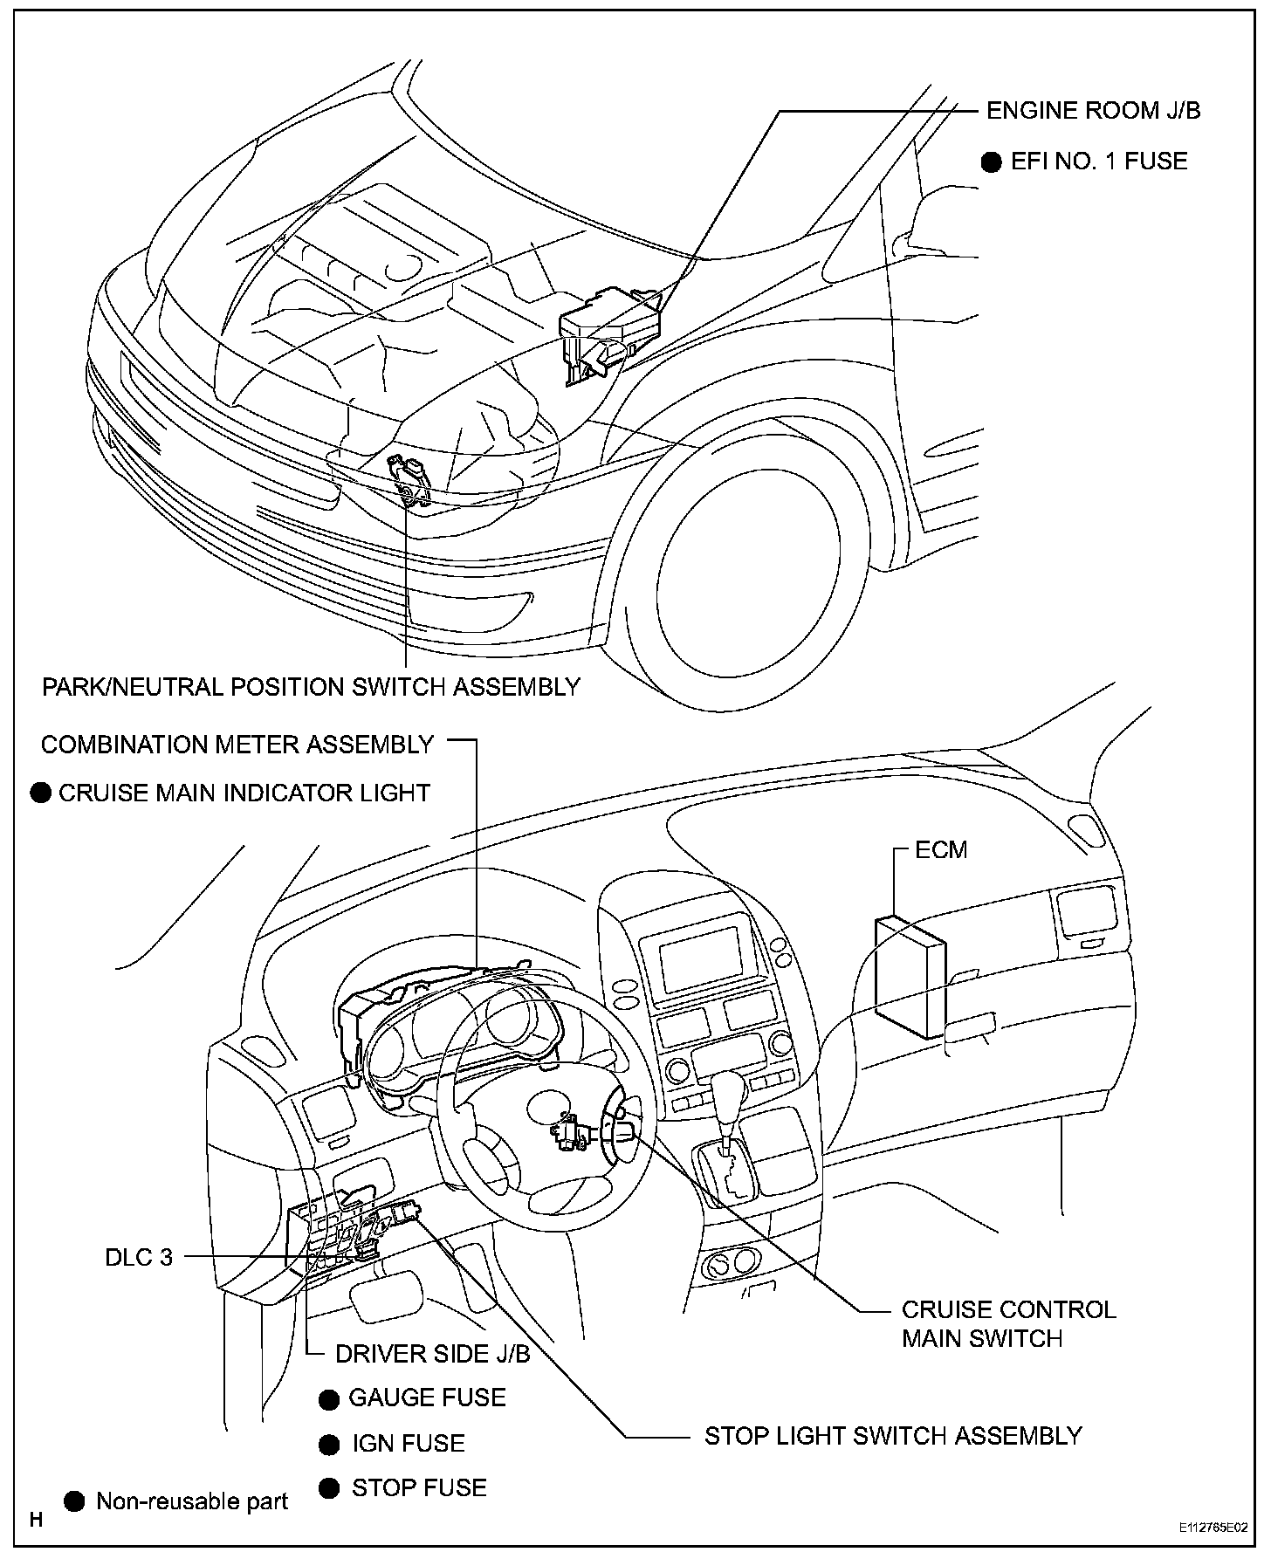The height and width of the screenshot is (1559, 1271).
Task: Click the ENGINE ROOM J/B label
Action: tap(1093, 111)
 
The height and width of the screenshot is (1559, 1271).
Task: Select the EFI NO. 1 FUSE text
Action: tap(1099, 161)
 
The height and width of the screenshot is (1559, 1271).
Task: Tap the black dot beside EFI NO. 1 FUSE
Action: tap(992, 162)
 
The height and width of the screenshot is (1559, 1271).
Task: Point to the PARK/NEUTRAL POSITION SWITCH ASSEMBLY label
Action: tap(311, 687)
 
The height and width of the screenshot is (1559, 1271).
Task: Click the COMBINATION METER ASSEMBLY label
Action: tap(237, 745)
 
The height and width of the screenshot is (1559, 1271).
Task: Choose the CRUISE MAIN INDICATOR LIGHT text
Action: tap(244, 793)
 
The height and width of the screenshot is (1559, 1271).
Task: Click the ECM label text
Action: tap(941, 849)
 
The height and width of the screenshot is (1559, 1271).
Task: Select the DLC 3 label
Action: tap(139, 1257)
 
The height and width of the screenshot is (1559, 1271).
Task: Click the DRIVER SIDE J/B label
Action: tap(432, 1354)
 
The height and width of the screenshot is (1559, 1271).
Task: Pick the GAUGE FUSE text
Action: tap(427, 1398)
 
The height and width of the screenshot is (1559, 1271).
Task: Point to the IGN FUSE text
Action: tap(408, 1443)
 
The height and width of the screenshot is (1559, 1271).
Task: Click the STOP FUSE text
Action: tap(419, 1487)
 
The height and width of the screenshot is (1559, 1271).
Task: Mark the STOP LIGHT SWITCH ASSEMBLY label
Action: tap(893, 1436)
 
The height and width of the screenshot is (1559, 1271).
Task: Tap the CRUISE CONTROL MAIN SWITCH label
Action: tap(1008, 1323)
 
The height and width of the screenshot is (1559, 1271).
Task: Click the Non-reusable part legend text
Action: tap(192, 1501)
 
